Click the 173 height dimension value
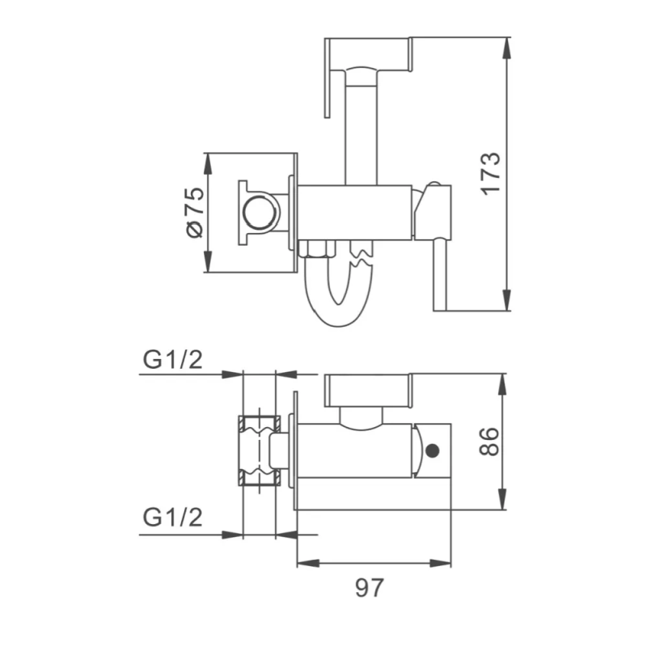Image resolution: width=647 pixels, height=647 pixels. click(491, 173)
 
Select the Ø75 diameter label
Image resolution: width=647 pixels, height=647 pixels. click(193, 214)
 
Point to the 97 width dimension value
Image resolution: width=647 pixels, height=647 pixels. click(370, 588)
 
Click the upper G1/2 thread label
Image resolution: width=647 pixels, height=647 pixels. click(172, 360)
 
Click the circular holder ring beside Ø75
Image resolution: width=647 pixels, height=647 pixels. click(261, 213)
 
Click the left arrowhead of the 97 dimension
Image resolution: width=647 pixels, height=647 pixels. click(305, 563)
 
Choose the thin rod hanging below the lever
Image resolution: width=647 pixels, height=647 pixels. click(441, 275)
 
